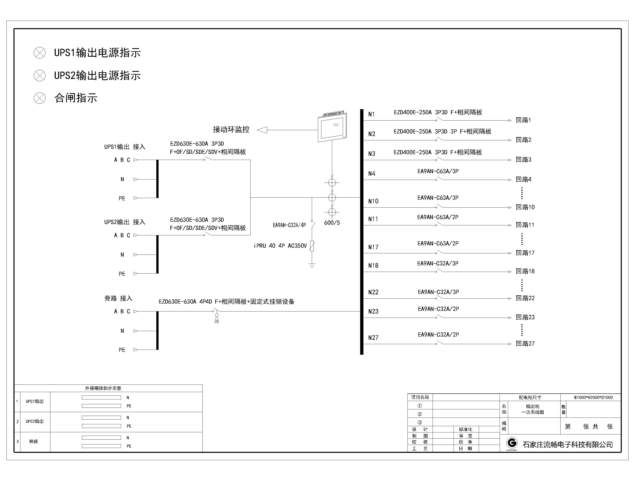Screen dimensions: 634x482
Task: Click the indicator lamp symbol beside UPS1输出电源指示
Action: pos(40,53)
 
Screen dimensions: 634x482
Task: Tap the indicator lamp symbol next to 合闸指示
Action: pos(40,98)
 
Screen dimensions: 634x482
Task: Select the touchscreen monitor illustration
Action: pos(332,126)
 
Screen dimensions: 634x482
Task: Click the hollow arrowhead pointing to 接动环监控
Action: pos(262,130)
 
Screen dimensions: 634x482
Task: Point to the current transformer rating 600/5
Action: pos(332,223)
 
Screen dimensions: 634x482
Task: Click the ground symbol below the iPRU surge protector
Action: pos(312,265)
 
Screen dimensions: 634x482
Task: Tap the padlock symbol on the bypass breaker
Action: pos(217,318)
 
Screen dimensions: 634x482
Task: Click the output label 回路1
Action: pos(523,120)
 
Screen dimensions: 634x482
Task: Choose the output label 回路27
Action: pos(525,343)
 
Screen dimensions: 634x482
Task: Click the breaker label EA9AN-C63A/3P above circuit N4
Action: pos(438,171)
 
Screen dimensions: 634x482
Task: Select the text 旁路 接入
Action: pos(118,298)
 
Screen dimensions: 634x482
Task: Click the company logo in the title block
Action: pos(512,443)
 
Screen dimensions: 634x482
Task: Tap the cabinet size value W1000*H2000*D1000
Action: pos(593,397)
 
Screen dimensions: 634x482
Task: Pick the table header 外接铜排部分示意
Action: pos(103,388)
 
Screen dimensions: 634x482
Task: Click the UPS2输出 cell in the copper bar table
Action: pos(35,421)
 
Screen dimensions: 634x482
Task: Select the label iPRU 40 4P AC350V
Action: pos(280,246)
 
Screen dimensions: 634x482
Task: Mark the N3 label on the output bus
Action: pos(372,154)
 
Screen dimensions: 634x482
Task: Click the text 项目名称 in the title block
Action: pos(420,397)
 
